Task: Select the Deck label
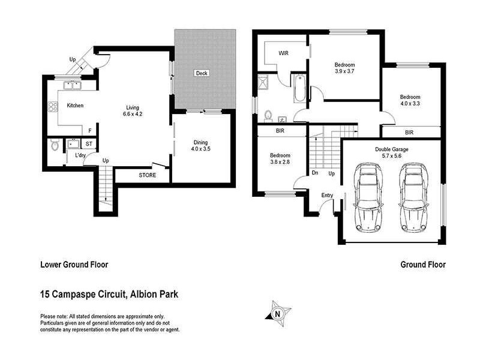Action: tap(201, 73)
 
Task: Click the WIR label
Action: tap(283, 53)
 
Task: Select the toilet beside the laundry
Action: tap(55, 146)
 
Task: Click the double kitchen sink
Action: tap(73, 85)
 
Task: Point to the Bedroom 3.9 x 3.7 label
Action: tap(344, 68)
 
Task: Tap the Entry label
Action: tap(327, 195)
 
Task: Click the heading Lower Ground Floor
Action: tap(74, 264)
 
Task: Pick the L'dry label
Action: tap(80, 155)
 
